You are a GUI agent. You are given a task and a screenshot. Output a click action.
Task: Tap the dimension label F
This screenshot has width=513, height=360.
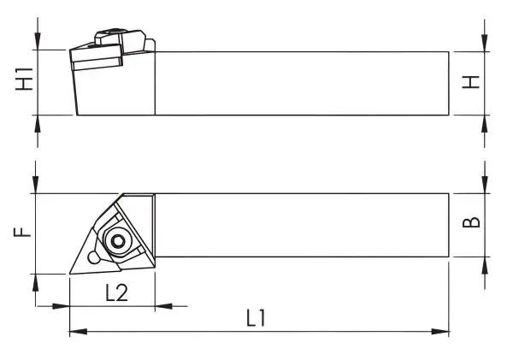coord(27,230)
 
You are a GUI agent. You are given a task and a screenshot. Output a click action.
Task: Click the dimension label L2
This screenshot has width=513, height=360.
coord(116,292)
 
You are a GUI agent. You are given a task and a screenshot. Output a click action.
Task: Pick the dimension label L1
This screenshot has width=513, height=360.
coord(256,318)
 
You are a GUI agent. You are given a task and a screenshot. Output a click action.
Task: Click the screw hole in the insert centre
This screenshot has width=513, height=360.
coord(117,239)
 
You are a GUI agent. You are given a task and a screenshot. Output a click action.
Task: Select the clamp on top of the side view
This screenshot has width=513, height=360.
coord(120,39)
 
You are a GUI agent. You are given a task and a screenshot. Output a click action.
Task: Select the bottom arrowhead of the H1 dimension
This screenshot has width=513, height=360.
coord(38,121)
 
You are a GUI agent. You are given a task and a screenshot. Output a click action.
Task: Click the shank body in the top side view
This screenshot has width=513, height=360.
coord(299,82)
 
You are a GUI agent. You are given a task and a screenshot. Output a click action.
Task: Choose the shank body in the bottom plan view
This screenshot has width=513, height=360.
coord(299,225)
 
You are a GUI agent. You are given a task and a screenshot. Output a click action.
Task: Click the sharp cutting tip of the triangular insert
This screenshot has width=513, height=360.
coord(70,274)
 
